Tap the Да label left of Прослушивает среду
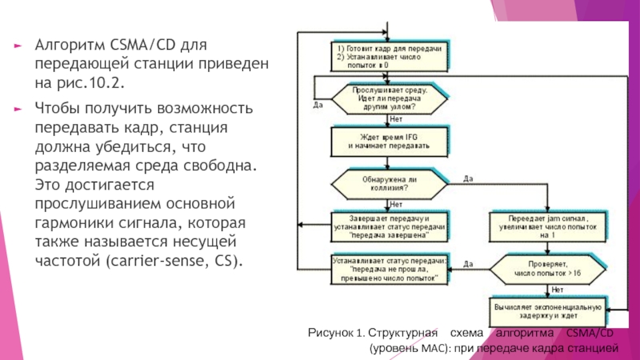[x=318, y=104]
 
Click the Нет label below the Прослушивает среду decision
[x=395, y=120]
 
